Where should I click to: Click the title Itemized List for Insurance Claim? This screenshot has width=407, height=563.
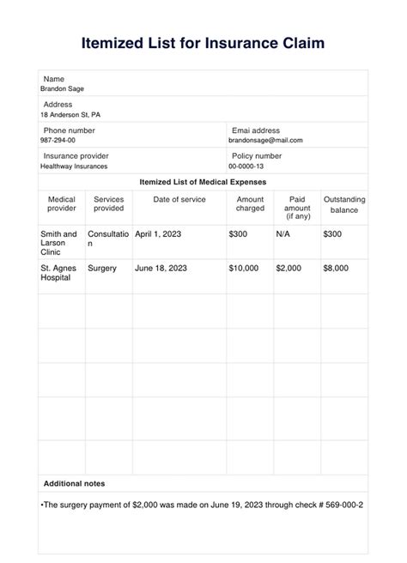[203, 42]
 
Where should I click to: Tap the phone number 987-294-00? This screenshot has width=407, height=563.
[58, 140]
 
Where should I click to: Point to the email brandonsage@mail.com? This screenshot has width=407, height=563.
[265, 140]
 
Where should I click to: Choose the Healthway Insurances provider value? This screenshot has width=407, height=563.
[74, 166]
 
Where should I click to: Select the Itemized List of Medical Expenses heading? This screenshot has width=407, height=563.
[203, 182]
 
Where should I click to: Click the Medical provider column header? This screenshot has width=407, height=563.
[61, 203]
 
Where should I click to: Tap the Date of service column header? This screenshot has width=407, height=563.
[179, 199]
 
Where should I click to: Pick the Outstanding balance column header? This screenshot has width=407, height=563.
[343, 203]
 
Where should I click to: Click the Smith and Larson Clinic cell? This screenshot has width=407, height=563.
[58, 243]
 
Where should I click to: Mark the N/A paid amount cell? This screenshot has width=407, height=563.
[284, 233]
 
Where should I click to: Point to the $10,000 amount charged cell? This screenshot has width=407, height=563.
[243, 268]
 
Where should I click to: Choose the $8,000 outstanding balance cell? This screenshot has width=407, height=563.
[336, 268]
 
